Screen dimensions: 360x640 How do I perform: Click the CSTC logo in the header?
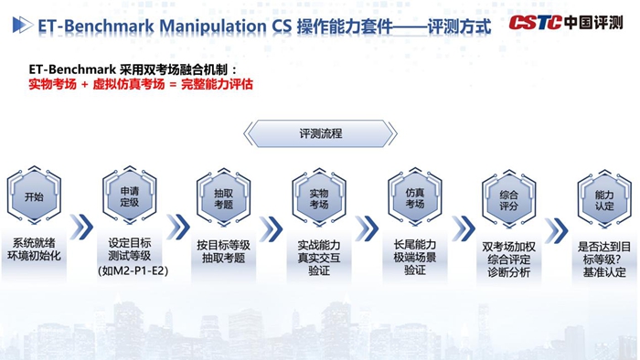(536, 23)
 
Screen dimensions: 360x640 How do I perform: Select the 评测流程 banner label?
(320, 133)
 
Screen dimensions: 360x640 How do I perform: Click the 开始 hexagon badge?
(34, 196)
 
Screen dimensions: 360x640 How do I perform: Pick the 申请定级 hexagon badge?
(130, 196)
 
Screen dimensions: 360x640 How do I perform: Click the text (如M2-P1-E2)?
(129, 271)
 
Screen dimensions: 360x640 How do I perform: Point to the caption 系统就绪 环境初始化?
(34, 250)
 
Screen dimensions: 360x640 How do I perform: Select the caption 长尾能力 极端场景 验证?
(414, 258)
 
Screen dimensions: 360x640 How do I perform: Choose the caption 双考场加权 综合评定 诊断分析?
(510, 259)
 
